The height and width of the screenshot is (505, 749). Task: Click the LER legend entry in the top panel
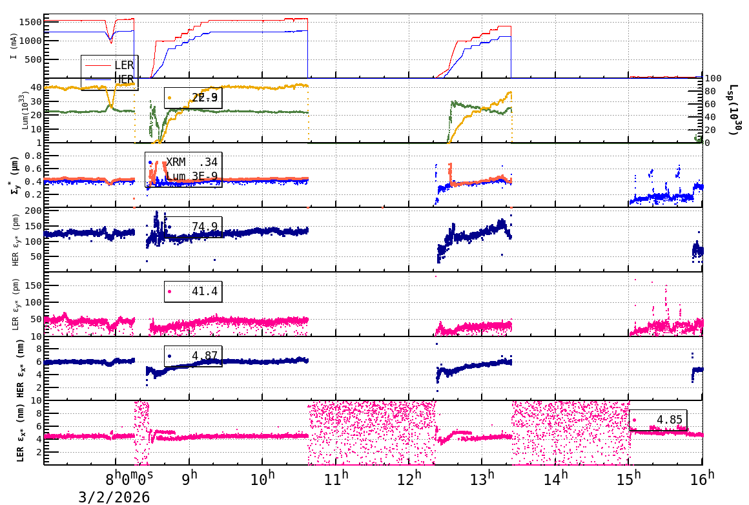point(123,65)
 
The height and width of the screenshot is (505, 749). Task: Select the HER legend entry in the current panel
point(123,79)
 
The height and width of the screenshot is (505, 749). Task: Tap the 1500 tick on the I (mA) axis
point(32,22)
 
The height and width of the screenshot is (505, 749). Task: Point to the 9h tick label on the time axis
point(189,479)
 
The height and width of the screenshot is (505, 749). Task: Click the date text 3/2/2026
point(114,497)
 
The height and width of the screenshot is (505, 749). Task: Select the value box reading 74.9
point(193,227)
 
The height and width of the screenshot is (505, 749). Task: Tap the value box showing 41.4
point(193,292)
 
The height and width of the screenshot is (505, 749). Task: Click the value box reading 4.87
point(193,356)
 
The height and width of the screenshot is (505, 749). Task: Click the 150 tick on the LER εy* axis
point(33,285)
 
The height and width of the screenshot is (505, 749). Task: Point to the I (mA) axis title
point(13,46)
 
